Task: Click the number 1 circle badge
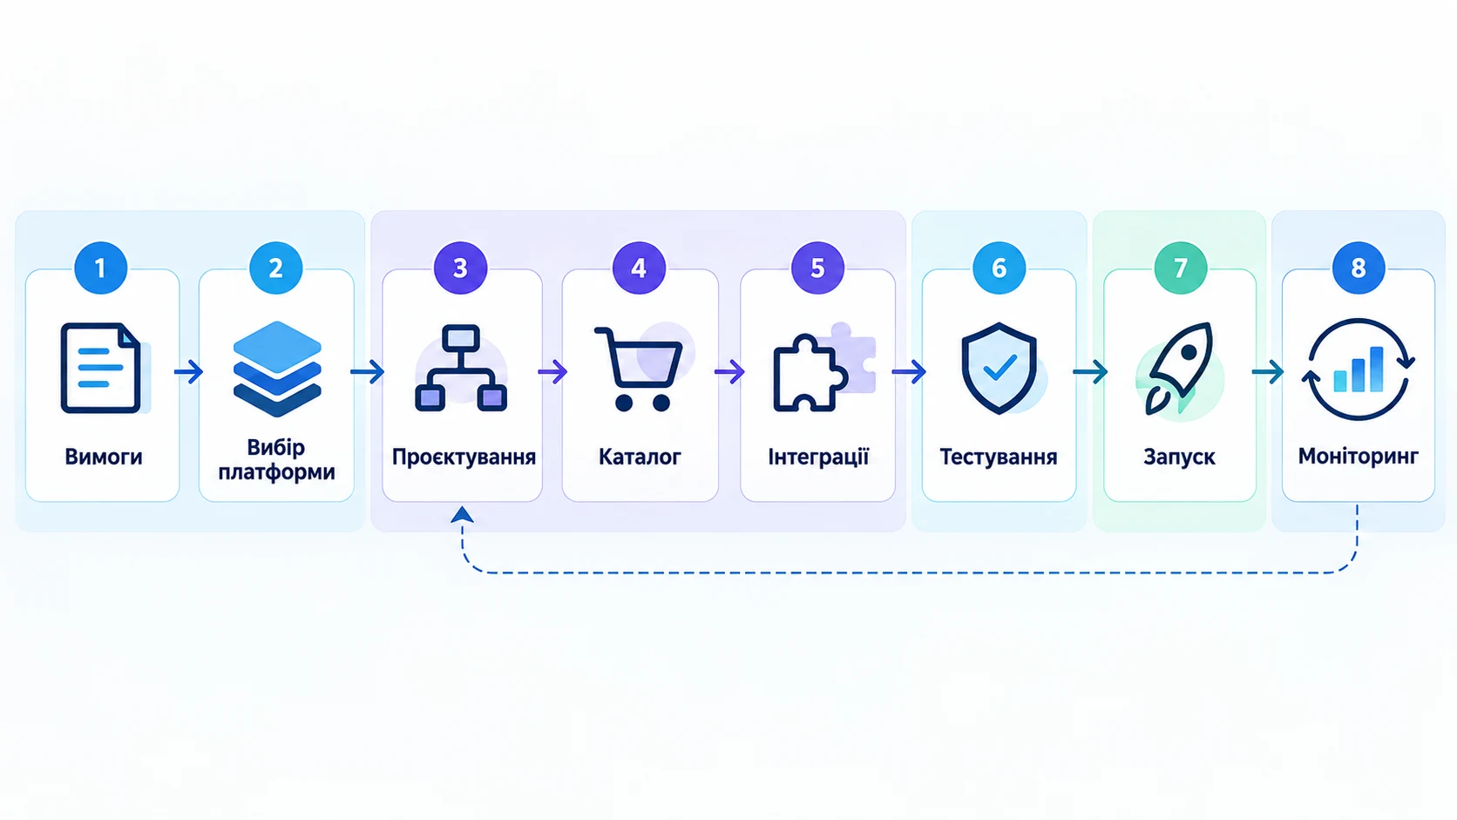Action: click(x=100, y=268)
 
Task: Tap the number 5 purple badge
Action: click(x=817, y=268)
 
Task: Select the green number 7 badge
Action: click(x=1180, y=268)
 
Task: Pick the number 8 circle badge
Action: click(x=1359, y=268)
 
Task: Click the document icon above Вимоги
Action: click(x=103, y=368)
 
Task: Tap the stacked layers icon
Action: click(x=277, y=369)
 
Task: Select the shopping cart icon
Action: click(x=640, y=368)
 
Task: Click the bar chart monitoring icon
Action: click(x=1359, y=369)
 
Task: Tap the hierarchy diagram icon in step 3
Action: click(x=461, y=368)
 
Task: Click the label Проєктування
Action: click(x=463, y=457)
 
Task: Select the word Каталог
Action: click(x=640, y=457)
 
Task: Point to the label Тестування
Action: click(x=999, y=457)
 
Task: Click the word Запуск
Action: click(x=1179, y=457)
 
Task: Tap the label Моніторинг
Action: click(x=1359, y=457)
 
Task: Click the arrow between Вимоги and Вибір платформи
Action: click(x=188, y=372)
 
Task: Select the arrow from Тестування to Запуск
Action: click(x=1090, y=372)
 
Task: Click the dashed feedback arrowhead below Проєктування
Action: click(x=462, y=514)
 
